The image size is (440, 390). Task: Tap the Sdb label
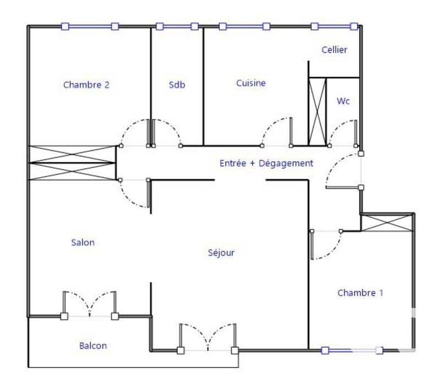coord(177,85)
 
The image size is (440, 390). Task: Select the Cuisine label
coord(251,83)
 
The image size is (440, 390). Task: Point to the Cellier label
coord(334,50)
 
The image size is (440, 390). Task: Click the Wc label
coord(344,101)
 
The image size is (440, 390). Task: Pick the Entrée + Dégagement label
coord(266,163)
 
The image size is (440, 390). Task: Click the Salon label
coord(82,242)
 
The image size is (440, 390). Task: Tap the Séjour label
coord(222,253)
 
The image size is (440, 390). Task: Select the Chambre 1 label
coord(360,293)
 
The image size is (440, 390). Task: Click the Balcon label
coord(93,346)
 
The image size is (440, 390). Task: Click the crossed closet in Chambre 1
coord(386,223)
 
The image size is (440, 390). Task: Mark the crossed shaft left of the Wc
coord(317,112)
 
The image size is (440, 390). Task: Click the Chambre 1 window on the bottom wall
coord(352,350)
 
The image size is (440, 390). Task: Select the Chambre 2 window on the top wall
coord(90,26)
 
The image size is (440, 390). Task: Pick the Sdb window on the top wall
coord(177,26)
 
